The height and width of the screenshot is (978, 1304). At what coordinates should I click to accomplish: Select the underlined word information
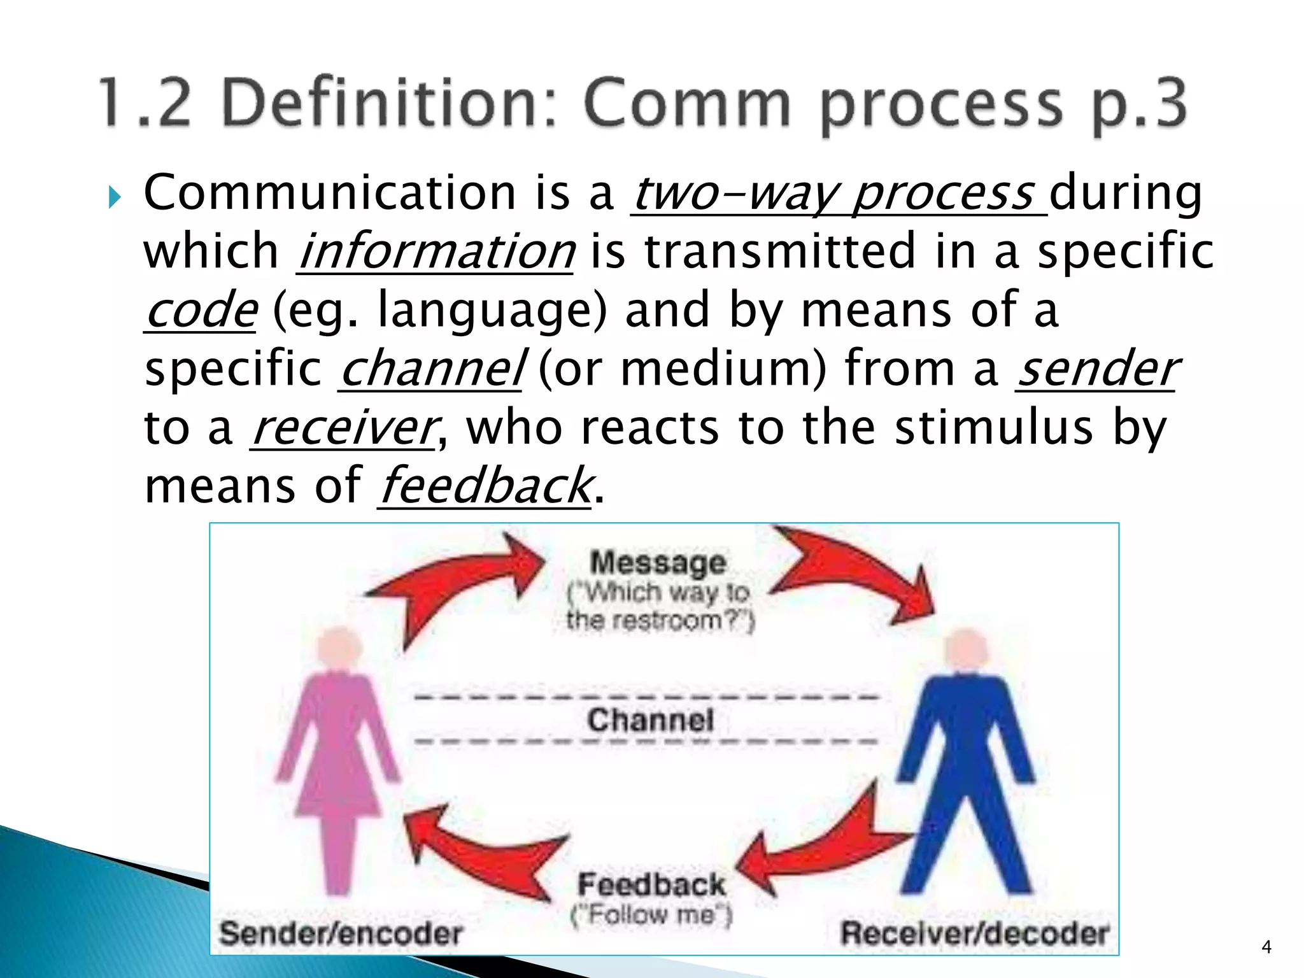436,252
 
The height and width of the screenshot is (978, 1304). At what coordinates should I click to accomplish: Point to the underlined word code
201,310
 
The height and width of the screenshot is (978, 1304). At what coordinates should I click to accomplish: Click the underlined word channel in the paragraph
432,369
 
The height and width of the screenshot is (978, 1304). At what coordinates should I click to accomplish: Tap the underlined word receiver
344,427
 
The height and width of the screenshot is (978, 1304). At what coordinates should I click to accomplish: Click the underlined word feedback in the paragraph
485,486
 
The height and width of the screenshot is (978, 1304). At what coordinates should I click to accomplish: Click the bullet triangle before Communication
114,197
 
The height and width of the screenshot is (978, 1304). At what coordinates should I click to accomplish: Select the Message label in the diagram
658,563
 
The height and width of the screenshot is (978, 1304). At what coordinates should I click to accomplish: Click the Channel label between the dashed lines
650,720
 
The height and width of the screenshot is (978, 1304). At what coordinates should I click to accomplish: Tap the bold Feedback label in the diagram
651,884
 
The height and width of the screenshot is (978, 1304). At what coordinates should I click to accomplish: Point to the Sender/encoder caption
340,933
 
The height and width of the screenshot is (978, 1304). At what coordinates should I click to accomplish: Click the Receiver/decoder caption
975,933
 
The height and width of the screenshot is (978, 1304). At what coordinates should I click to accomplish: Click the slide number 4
1266,947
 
